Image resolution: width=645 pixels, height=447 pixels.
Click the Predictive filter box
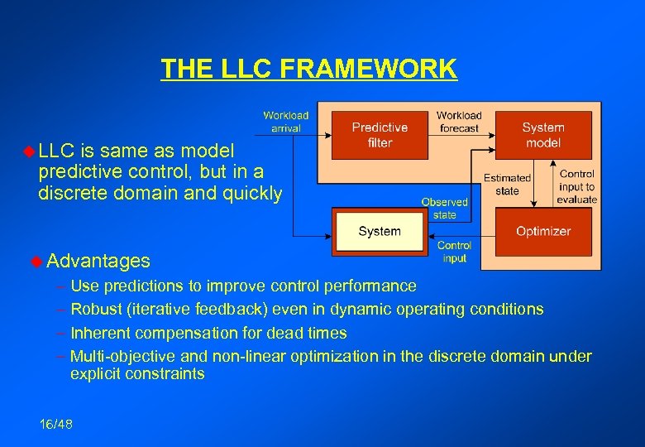(380, 135)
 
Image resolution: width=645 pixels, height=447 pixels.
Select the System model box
(542, 135)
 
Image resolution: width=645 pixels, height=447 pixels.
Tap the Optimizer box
(542, 232)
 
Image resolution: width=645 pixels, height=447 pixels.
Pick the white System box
(380, 232)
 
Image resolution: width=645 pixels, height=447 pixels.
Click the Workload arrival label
(285, 122)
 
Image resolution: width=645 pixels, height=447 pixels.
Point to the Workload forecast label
(459, 122)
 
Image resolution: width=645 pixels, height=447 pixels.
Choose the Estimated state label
(507, 184)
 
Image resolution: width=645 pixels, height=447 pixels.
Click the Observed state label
(444, 208)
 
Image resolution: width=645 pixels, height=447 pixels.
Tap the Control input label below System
(454, 252)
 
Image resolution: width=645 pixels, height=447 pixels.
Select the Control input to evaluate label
(576, 186)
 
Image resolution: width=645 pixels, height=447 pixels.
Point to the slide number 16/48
(55, 425)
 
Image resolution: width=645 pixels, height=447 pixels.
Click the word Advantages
(98, 262)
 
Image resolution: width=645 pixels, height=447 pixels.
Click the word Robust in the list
(95, 310)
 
